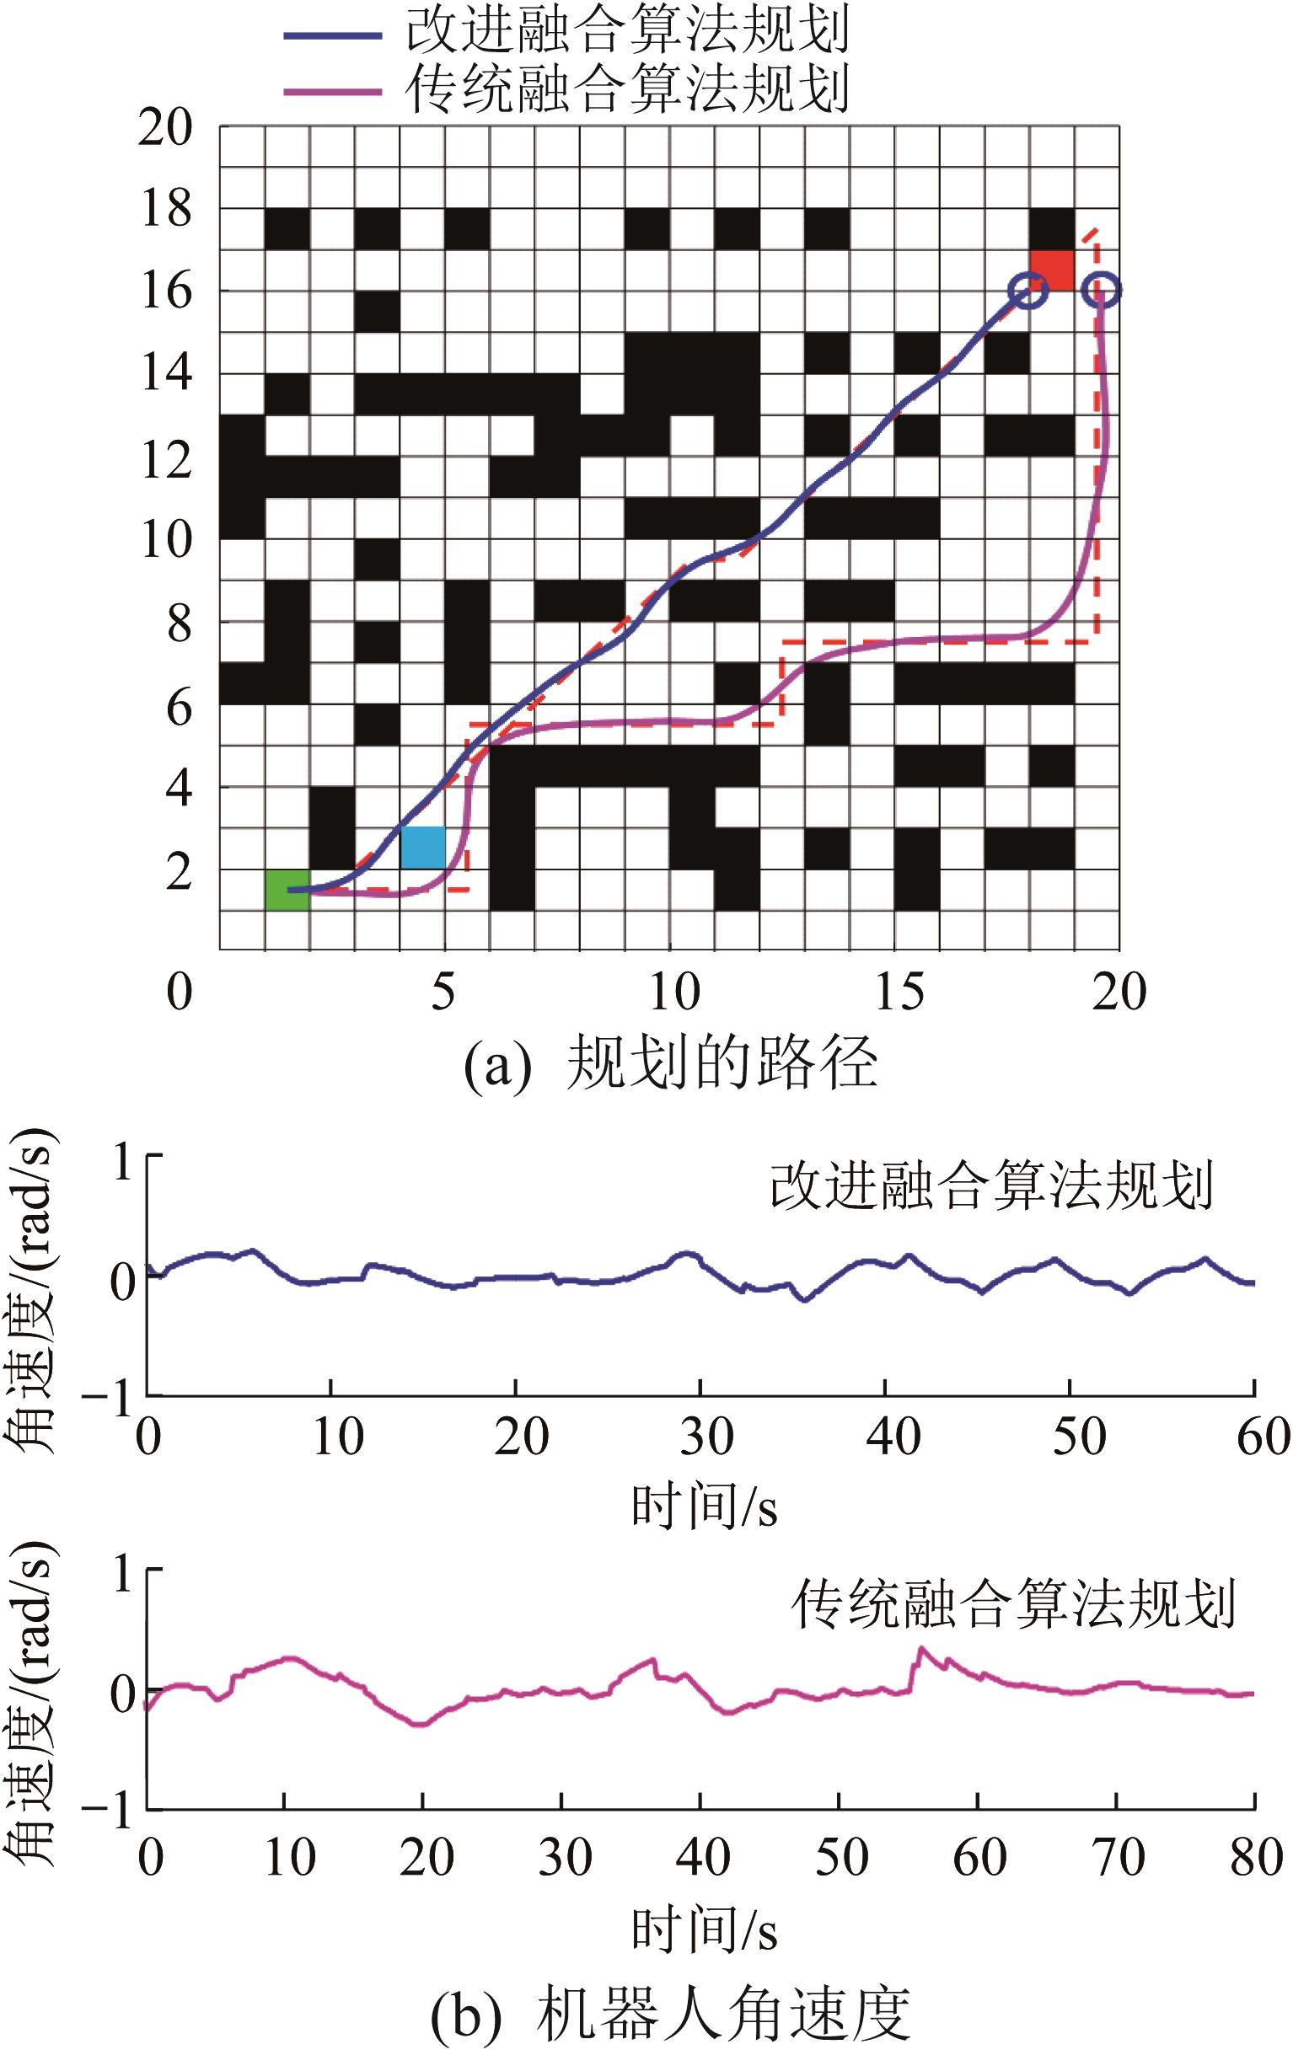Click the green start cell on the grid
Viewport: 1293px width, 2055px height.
tap(287, 889)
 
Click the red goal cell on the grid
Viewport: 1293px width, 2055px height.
tap(1051, 270)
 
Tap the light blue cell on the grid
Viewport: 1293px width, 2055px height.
tap(422, 848)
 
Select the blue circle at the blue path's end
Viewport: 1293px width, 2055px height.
tap(1028, 290)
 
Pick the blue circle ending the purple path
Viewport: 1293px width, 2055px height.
tap(1101, 290)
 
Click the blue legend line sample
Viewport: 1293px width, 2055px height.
tap(333, 36)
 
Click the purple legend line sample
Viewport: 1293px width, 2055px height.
tap(333, 91)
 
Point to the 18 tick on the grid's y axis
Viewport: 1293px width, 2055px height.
tap(166, 209)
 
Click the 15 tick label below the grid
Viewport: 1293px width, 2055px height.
tap(898, 993)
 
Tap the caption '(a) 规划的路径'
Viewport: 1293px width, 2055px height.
tap(670, 1065)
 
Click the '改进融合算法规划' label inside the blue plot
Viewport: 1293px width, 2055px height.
tap(990, 1186)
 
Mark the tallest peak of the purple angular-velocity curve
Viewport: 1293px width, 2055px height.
tap(920, 1649)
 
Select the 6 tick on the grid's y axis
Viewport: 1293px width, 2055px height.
tap(180, 708)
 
